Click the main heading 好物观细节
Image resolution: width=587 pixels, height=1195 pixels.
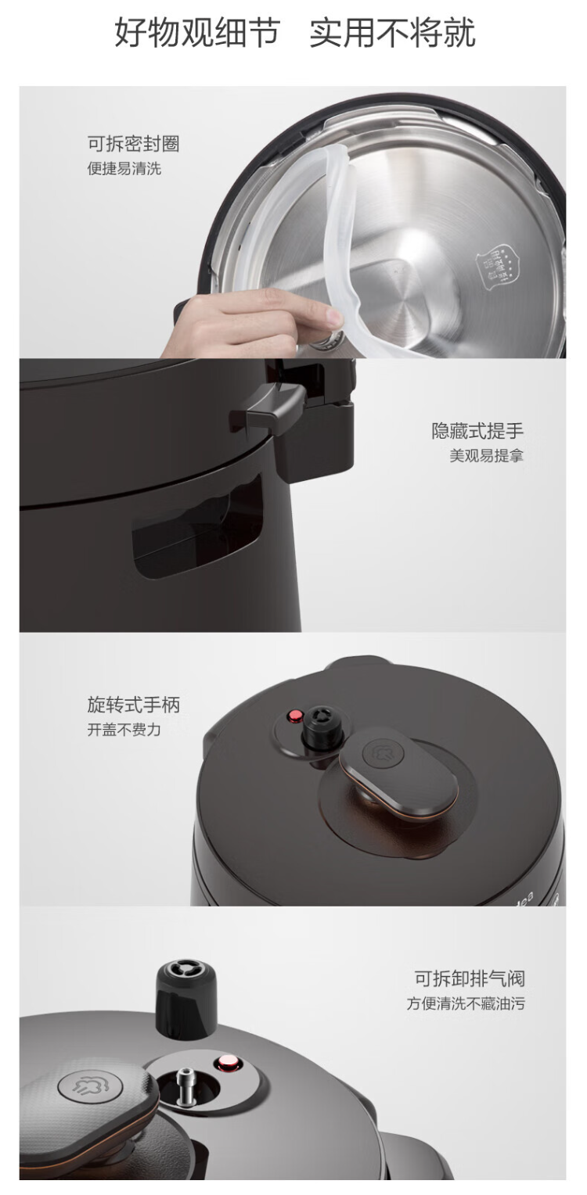pyautogui.click(x=198, y=33)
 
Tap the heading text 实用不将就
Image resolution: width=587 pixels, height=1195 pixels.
pyautogui.click(x=393, y=33)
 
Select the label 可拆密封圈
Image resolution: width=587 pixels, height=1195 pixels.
pyautogui.click(x=134, y=143)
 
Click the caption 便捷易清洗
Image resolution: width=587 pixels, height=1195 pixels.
pyautogui.click(x=124, y=169)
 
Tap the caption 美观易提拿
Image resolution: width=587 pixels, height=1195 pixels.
pyautogui.click(x=487, y=456)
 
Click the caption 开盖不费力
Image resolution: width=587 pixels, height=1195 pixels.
pyautogui.click(x=124, y=729)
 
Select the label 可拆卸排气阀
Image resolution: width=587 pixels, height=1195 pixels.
pyautogui.click(x=470, y=978)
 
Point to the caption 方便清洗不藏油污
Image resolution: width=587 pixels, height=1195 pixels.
pyautogui.click(x=466, y=1003)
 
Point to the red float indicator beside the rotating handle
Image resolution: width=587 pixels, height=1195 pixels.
pyautogui.click(x=293, y=716)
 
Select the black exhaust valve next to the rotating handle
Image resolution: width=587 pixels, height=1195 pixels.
pyautogui.click(x=322, y=728)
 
